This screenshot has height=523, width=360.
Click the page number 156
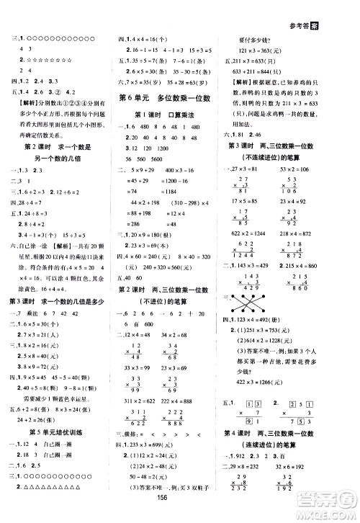tap(179, 513)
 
